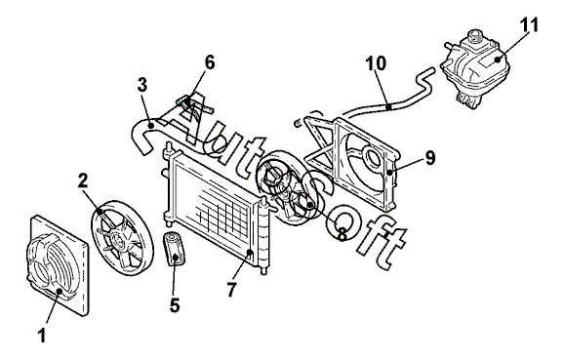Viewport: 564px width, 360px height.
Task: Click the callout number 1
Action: point(42,336)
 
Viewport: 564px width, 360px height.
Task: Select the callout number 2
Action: point(83,181)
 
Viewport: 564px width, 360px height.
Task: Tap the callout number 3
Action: point(142,85)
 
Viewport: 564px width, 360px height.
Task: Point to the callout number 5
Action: point(175,305)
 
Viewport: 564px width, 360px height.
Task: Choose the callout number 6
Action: point(210,62)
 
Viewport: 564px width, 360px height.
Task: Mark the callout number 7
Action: point(231,289)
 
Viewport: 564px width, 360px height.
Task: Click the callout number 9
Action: point(430,157)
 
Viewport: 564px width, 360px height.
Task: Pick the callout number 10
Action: point(376,63)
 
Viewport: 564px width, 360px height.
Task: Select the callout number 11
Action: point(529,24)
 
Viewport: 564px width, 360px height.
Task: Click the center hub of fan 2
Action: point(116,240)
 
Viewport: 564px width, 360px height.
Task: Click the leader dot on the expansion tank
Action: point(499,60)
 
